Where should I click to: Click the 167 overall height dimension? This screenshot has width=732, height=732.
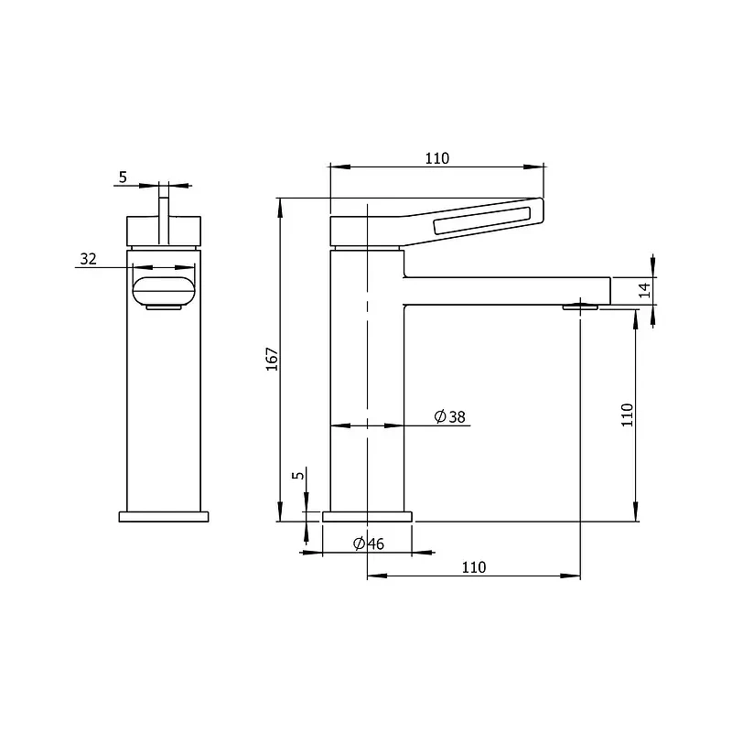click(x=272, y=359)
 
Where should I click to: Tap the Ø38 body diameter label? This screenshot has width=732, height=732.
click(x=449, y=416)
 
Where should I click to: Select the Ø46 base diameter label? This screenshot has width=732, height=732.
click(x=369, y=544)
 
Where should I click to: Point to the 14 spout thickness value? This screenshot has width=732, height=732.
click(x=644, y=290)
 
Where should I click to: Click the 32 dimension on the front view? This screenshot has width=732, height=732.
click(x=88, y=259)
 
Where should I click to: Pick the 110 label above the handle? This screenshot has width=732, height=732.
click(x=437, y=158)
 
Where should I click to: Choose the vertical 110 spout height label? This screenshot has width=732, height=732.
click(x=627, y=414)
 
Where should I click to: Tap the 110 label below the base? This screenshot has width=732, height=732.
click(x=474, y=567)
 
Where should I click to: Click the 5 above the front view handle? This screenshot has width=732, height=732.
click(x=123, y=178)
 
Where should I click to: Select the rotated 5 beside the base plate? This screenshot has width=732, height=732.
click(x=298, y=475)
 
